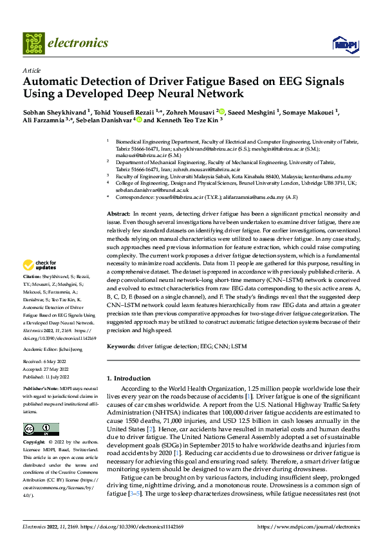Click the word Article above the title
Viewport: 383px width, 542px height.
point(32,70)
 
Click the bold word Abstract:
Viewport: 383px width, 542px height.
point(118,212)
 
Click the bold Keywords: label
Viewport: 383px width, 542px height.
point(120,346)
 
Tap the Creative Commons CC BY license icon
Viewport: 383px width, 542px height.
point(41,429)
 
